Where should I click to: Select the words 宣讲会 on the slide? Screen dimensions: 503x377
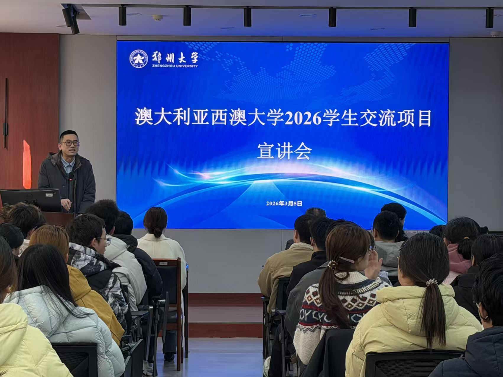tap(284, 152)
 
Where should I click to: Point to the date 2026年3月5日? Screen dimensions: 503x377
tap(284, 204)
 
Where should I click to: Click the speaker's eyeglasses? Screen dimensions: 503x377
tap(70, 144)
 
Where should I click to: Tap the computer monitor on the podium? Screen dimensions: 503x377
tap(31, 200)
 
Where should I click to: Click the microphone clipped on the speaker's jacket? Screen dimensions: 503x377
tap(71, 176)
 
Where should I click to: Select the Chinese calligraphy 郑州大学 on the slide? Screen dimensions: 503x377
tap(175, 56)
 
